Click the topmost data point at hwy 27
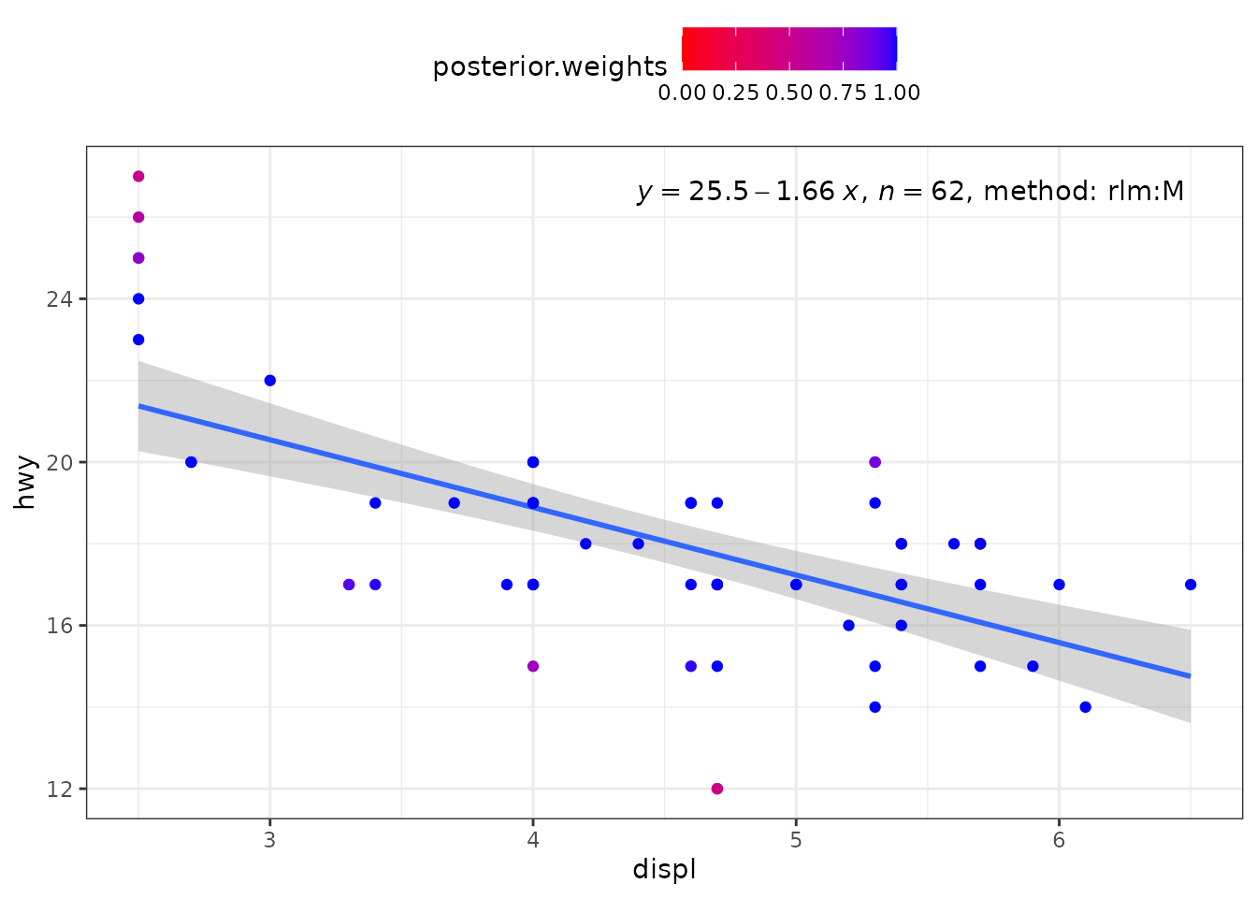click(138, 177)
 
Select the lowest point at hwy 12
click(717, 789)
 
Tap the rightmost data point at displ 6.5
click(1191, 585)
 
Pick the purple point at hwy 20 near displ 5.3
click(874, 462)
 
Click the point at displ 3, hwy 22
click(270, 381)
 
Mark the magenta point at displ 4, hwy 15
click(533, 666)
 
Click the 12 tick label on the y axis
click(60, 789)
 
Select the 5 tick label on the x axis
click(796, 840)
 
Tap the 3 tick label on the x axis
click(270, 840)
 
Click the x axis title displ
click(664, 870)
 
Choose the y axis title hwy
click(24, 483)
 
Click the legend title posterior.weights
click(550, 67)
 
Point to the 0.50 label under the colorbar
click(789, 94)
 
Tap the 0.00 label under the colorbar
click(682, 94)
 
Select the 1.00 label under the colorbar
click(897, 94)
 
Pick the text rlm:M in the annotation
click(1146, 192)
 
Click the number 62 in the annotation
click(947, 192)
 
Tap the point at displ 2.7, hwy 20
click(192, 462)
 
